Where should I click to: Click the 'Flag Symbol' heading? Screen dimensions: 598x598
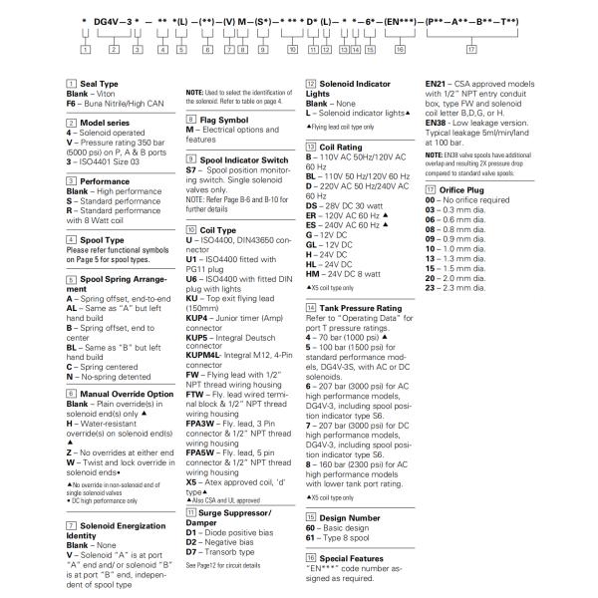click(x=218, y=118)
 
